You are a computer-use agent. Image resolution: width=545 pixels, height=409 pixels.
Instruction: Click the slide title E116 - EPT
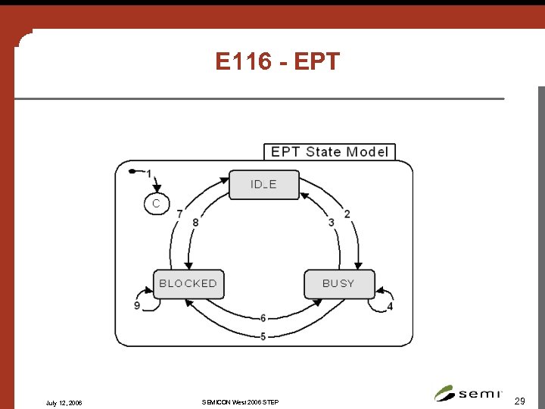(278, 61)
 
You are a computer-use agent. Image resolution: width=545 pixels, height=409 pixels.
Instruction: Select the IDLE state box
(263, 184)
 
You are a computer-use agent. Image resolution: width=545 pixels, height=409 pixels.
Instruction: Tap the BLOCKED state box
(188, 283)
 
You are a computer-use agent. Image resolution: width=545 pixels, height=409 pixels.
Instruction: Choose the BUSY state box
(338, 283)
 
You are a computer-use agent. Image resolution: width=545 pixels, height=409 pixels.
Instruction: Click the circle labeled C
(156, 204)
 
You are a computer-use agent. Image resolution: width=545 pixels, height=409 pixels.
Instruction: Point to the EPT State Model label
(329, 151)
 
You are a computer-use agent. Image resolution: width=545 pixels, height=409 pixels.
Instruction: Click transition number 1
(149, 174)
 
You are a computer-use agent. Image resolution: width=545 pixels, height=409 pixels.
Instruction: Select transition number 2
(347, 214)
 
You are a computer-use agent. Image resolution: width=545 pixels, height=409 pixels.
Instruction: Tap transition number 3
(332, 222)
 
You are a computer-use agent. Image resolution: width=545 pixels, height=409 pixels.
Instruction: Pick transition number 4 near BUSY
(390, 306)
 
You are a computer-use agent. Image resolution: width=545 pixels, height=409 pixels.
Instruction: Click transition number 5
(263, 336)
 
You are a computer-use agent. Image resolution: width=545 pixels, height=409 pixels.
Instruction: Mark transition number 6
(263, 318)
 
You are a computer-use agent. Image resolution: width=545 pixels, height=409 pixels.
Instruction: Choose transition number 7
(179, 214)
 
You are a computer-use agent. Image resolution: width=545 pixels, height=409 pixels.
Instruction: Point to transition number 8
(195, 222)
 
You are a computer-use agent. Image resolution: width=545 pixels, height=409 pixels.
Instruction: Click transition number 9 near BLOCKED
(137, 306)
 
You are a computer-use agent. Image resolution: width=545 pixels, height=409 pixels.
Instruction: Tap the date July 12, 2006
(64, 402)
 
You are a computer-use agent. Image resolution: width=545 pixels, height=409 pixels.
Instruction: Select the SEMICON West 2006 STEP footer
(240, 401)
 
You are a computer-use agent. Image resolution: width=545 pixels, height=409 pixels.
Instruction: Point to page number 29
(519, 399)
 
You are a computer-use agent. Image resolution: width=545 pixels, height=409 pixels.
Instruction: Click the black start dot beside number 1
(132, 172)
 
